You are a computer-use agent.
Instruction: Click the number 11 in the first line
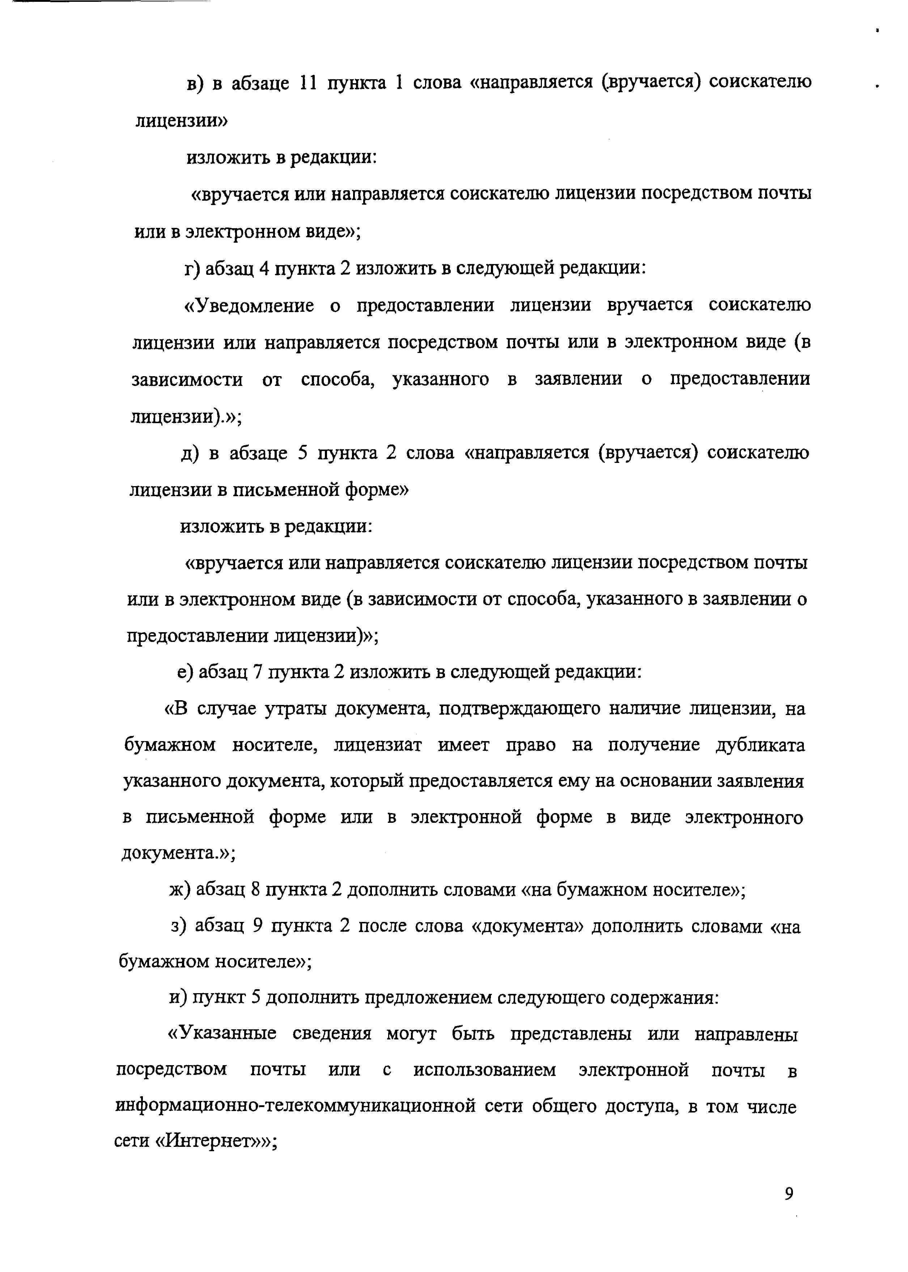click(308, 83)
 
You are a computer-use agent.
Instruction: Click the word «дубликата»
click(760, 745)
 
